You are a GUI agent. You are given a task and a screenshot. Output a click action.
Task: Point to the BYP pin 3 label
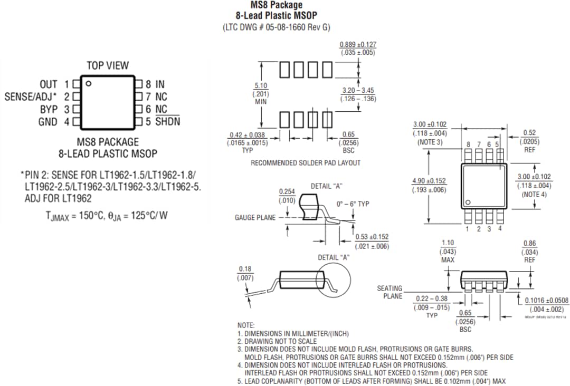point(54,110)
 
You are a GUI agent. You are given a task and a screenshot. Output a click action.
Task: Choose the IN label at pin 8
point(159,84)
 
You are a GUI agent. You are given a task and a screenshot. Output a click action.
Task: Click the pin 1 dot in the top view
point(89,83)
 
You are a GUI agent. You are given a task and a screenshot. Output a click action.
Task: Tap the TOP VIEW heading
point(108,65)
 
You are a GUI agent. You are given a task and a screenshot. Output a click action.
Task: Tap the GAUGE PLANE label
point(255,217)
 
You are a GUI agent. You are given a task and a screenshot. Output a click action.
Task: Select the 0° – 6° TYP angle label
point(353,204)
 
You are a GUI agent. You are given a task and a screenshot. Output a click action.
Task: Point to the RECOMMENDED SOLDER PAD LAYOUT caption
point(306,163)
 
